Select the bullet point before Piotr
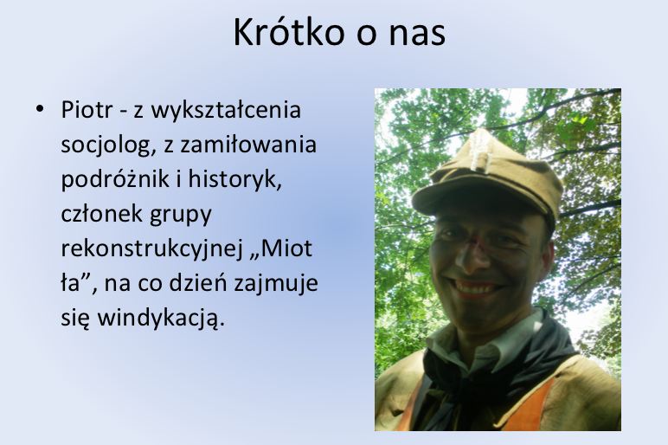(39, 110)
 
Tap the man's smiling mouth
(478, 286)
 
